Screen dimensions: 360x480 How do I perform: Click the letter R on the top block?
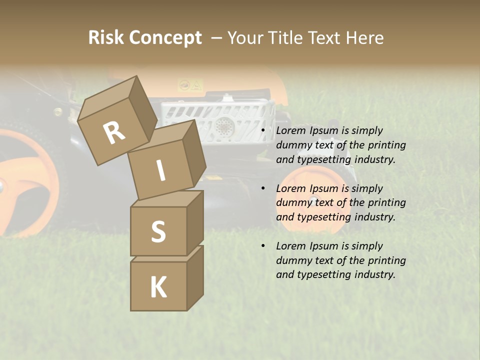[x=114, y=132]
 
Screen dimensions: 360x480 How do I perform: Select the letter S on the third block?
[x=158, y=231]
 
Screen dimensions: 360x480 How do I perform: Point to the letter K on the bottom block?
[x=158, y=287]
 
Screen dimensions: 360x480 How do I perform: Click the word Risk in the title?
[x=105, y=38]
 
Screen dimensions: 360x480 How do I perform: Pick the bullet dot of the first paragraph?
[x=262, y=131]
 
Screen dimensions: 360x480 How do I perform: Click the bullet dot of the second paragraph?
[x=262, y=189]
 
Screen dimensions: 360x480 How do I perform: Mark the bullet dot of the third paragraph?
[x=262, y=246]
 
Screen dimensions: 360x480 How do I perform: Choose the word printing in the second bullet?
[x=386, y=203]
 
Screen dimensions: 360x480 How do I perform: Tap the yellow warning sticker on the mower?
[x=191, y=85]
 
